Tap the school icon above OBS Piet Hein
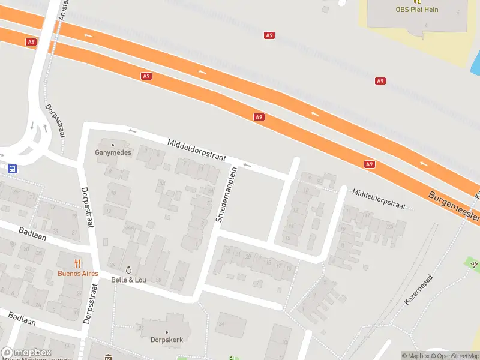[417, 2]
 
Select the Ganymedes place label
[112, 152]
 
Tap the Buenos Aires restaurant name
[77, 273]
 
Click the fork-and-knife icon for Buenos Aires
[77, 263]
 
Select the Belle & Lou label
[128, 280]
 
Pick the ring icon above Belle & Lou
[128, 270]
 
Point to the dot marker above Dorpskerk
[166, 332]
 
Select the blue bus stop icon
[12, 169]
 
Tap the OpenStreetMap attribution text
[454, 356]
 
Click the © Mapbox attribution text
[415, 356]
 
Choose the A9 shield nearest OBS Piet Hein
[380, 81]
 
